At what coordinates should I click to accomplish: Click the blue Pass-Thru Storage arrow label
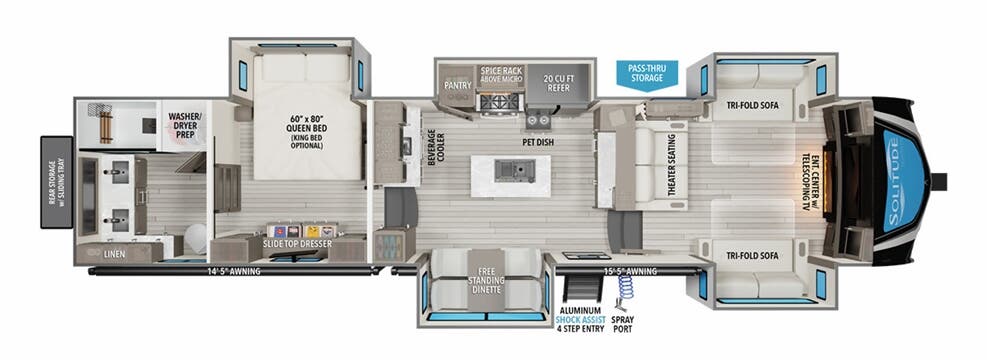click(x=646, y=74)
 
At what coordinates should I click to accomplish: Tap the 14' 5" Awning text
click(x=227, y=269)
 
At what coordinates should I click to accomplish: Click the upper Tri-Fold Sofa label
click(x=753, y=103)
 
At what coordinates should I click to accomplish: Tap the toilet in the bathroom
click(x=195, y=238)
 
